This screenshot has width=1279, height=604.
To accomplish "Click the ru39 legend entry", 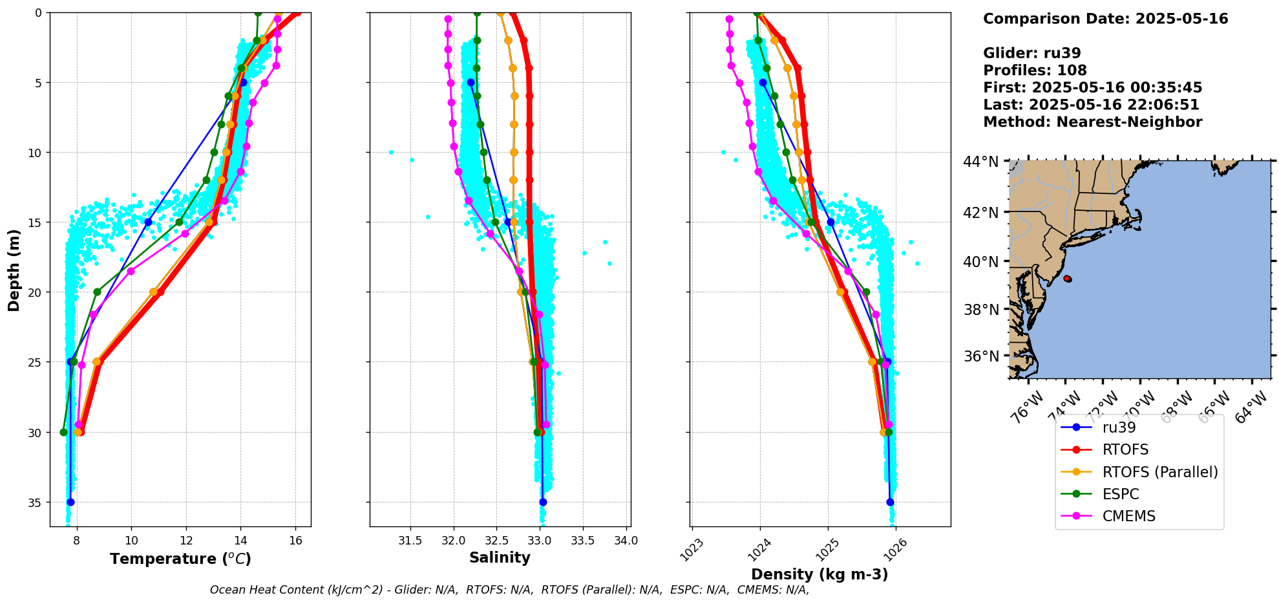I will [x=1119, y=427].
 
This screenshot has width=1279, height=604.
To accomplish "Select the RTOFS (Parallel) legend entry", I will [x=1159, y=472].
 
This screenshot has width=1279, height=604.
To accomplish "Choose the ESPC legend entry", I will [x=1121, y=494].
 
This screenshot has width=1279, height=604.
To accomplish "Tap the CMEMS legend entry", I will [x=1128, y=516].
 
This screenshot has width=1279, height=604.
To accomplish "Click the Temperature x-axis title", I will [x=180, y=559].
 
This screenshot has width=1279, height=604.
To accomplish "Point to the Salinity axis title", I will [x=500, y=557].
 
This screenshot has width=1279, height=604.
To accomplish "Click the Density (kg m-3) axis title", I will [x=819, y=574].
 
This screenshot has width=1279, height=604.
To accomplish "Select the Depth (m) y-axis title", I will [x=14, y=270].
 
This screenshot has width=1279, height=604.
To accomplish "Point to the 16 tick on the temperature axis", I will [x=295, y=541].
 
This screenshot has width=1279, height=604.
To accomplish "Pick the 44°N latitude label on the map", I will [x=980, y=162].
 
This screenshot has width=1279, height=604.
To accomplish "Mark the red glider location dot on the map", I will [x=1067, y=279].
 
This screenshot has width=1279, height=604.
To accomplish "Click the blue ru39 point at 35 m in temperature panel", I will [x=70, y=502].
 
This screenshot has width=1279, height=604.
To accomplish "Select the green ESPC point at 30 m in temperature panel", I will [x=63, y=432].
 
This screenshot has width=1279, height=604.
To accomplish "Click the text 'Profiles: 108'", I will [x=1035, y=70].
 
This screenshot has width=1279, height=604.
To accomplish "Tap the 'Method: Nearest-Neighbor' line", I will [x=1092, y=122].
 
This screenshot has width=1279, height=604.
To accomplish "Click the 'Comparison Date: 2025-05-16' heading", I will [x=1105, y=19].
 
